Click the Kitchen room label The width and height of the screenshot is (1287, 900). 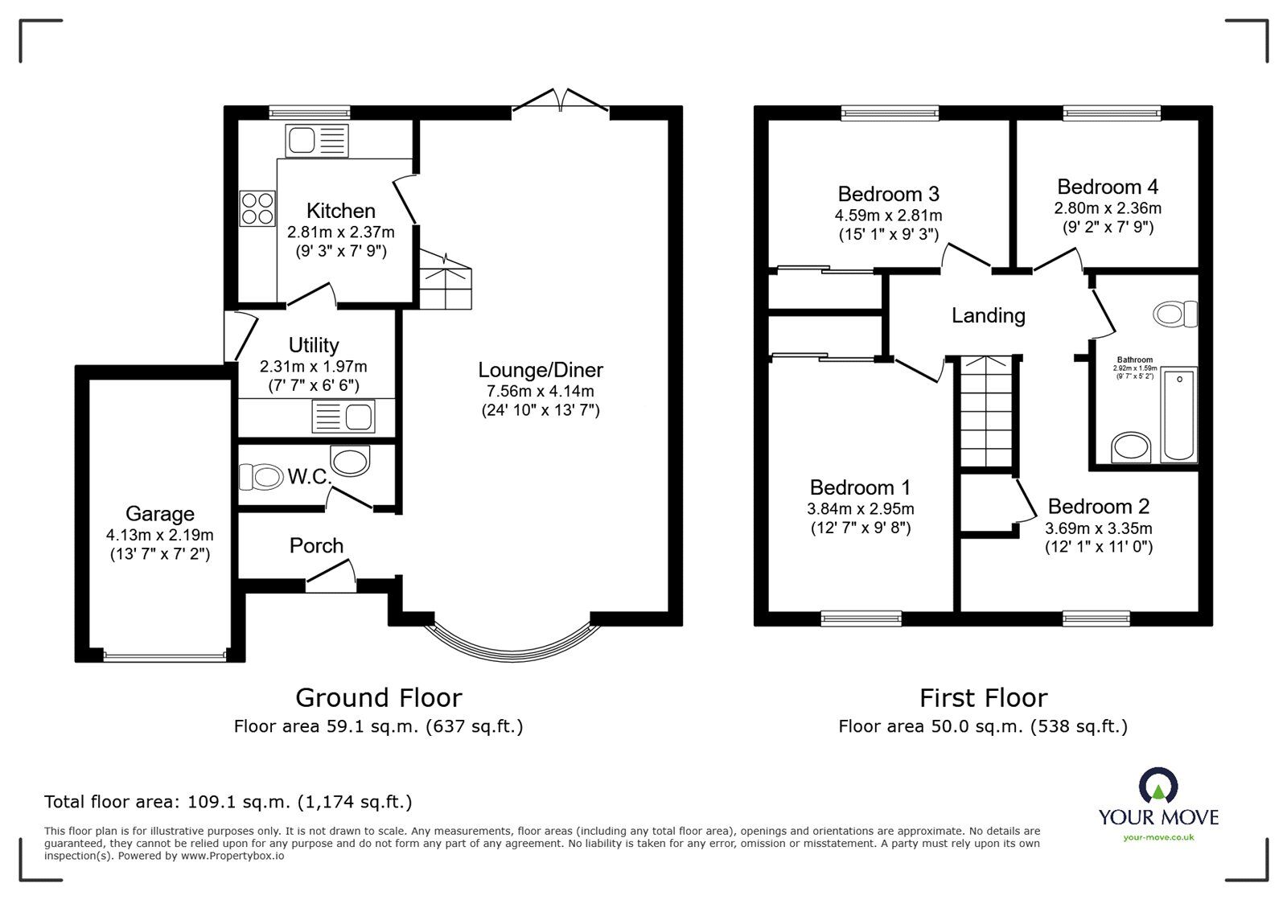tap(340, 211)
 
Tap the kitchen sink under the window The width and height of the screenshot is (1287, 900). tap(317, 142)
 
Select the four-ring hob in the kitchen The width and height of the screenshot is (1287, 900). tap(257, 208)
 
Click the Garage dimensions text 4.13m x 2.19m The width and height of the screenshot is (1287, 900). tap(159, 535)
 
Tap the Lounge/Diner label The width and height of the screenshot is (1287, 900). tap(541, 370)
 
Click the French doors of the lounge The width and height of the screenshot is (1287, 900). tap(561, 101)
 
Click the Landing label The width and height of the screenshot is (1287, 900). tap(988, 315)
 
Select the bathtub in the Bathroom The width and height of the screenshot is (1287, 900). tap(1179, 415)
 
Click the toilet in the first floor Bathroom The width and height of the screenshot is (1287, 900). tap(1175, 313)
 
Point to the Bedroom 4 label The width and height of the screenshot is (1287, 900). tap(1108, 187)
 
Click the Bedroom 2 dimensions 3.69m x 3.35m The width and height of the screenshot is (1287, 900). tap(1098, 528)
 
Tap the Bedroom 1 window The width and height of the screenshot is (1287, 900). tap(860, 618)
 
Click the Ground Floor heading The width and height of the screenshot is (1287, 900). tap(378, 697)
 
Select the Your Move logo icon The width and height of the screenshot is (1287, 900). tap(1158, 784)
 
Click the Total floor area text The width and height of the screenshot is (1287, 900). tap(228, 802)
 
